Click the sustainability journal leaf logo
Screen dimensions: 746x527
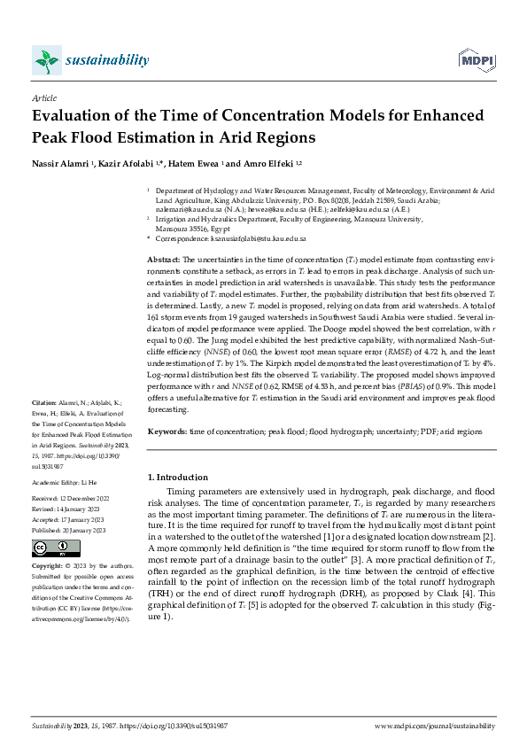point(47,60)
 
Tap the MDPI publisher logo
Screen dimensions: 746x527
point(475,60)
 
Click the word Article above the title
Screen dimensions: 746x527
point(43,97)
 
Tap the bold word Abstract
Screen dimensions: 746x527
point(163,255)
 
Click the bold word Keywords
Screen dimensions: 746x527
point(167,431)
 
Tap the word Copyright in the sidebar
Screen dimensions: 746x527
point(48,564)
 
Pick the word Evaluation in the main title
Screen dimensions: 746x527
point(74,118)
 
